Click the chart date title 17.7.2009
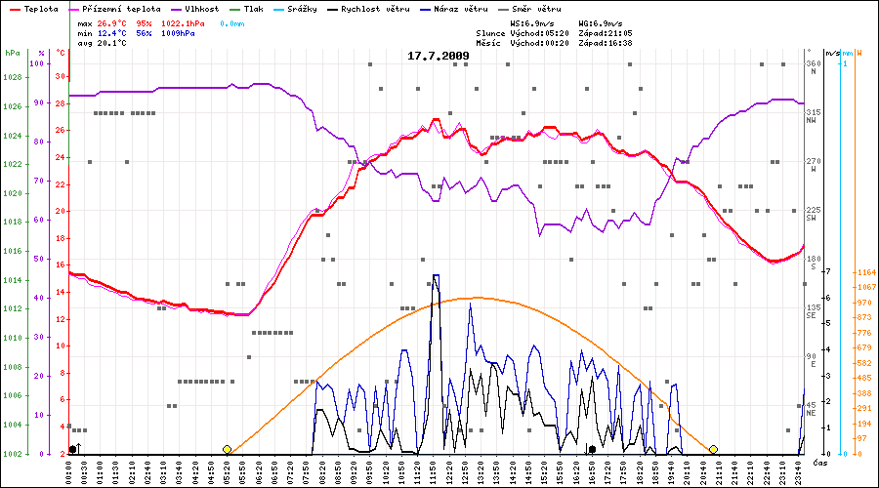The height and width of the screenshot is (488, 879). [438, 56]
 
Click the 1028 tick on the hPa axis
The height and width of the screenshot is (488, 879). [11, 77]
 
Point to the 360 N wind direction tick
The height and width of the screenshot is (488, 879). [813, 63]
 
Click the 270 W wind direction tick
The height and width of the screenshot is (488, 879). [813, 161]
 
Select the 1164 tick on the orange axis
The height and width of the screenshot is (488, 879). [864, 272]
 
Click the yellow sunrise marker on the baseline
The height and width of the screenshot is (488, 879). [228, 449]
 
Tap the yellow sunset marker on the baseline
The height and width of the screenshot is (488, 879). [713, 449]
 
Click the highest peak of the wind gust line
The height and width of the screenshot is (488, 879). [436, 276]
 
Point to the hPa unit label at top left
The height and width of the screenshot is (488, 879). [12, 53]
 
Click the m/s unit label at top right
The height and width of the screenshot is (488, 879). [832, 53]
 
